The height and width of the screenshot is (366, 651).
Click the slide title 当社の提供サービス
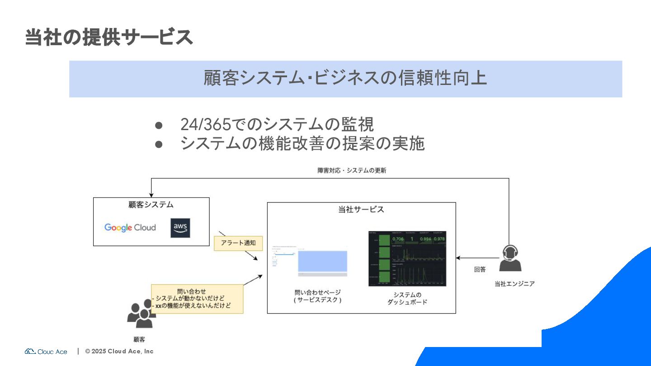click(x=108, y=37)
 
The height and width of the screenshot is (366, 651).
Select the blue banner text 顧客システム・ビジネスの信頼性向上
click(x=345, y=78)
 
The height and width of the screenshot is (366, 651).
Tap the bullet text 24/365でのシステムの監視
click(x=277, y=124)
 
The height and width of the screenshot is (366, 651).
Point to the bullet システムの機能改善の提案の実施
click(x=302, y=143)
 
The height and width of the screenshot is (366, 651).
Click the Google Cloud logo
click(x=130, y=227)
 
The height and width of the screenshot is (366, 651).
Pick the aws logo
click(x=180, y=228)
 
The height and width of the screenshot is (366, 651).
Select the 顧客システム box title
click(x=151, y=205)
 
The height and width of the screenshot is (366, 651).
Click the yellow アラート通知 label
click(x=238, y=243)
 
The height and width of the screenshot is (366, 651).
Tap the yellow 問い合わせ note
click(x=197, y=299)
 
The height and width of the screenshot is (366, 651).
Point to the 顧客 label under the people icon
click(x=139, y=339)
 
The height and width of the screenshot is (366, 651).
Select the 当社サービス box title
click(x=361, y=209)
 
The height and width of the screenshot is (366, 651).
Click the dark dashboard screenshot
click(x=407, y=258)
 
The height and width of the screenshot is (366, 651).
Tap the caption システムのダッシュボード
click(x=407, y=298)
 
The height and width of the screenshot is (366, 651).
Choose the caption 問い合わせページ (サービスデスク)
click(x=317, y=296)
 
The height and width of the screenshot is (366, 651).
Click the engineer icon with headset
click(x=510, y=258)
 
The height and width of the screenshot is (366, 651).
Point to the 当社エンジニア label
click(x=514, y=284)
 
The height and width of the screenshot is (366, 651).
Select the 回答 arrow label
click(x=480, y=269)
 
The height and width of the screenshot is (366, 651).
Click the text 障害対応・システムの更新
click(x=351, y=171)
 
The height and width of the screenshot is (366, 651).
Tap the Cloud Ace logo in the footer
click(x=46, y=351)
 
